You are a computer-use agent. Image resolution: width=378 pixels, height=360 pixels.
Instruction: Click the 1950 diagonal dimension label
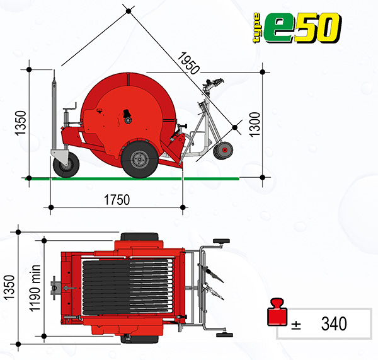click(x=188, y=63)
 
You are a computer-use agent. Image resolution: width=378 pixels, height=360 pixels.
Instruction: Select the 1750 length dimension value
click(x=117, y=200)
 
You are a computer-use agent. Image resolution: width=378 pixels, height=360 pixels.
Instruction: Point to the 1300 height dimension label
click(x=255, y=124)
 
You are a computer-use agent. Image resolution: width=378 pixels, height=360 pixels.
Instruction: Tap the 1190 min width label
click(x=35, y=288)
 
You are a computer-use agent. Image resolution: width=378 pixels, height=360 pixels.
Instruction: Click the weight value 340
click(x=334, y=323)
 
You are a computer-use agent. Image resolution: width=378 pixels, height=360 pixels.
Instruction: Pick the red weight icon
click(x=277, y=312)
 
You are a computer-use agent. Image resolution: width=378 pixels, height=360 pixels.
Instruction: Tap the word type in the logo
click(x=256, y=28)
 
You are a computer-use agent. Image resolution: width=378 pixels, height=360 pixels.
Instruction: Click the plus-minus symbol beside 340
click(x=296, y=325)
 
